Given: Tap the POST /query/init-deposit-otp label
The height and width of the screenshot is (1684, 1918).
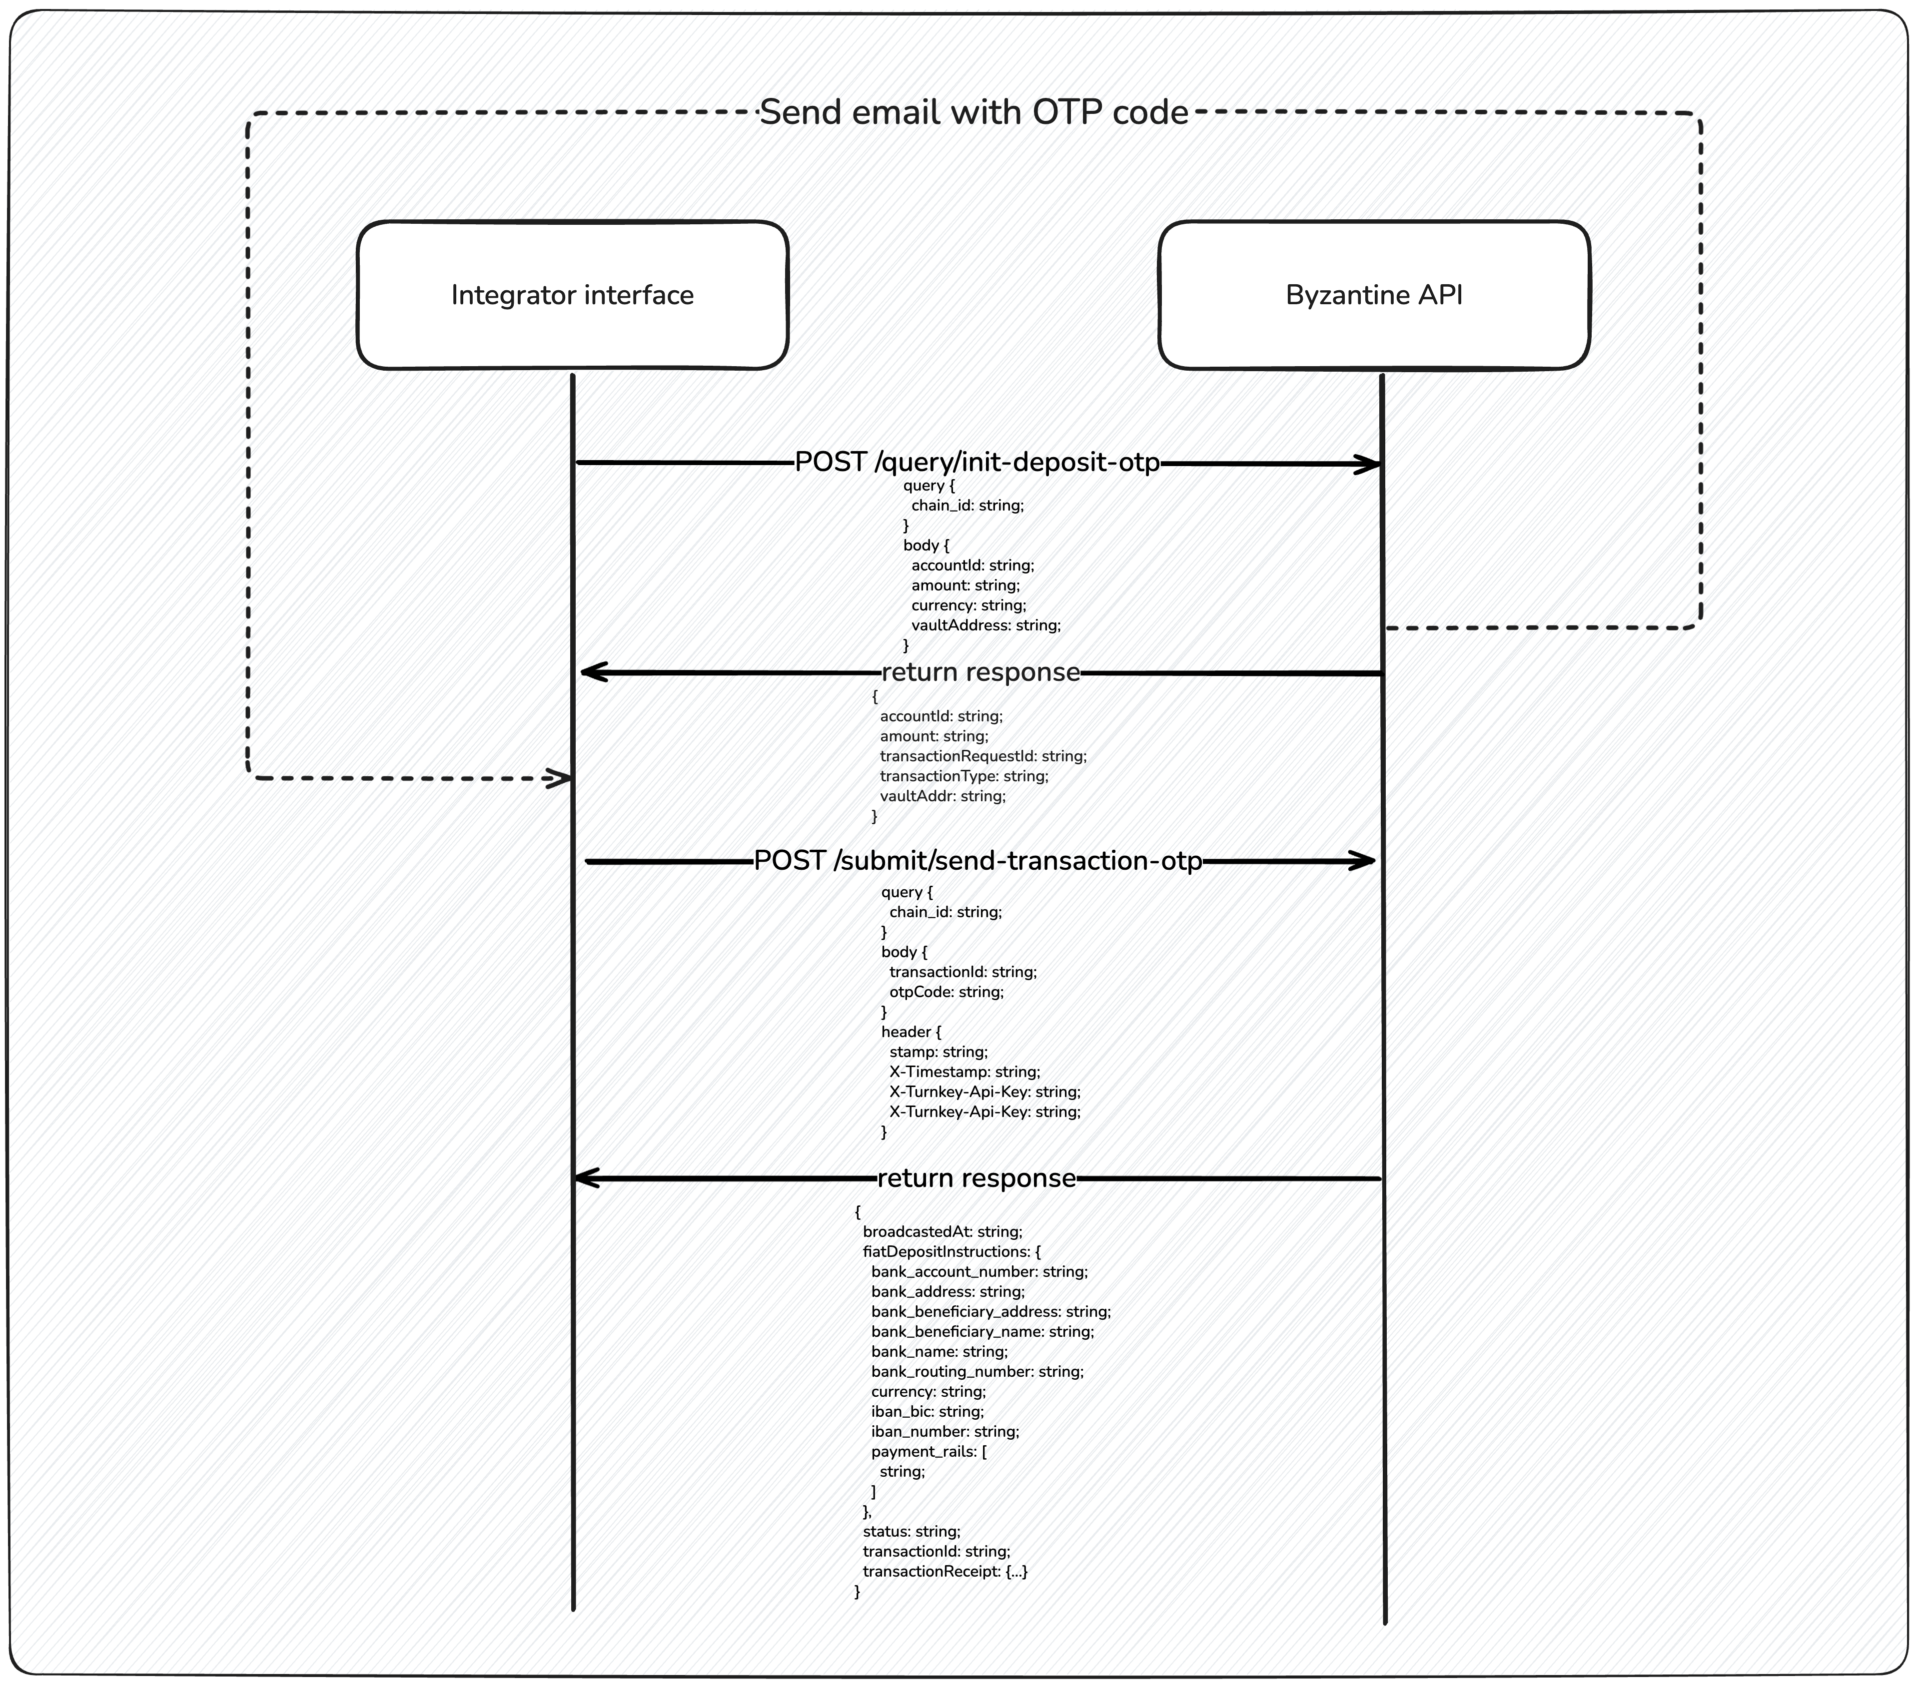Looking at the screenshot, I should [977, 463].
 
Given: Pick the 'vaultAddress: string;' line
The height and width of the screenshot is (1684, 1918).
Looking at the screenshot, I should [985, 625].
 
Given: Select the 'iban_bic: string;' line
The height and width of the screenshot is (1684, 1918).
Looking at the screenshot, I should [927, 1411].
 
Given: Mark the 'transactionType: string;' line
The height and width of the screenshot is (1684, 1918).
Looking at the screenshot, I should [963, 776].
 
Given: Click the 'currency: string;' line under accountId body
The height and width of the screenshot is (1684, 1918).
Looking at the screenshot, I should [968, 605].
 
